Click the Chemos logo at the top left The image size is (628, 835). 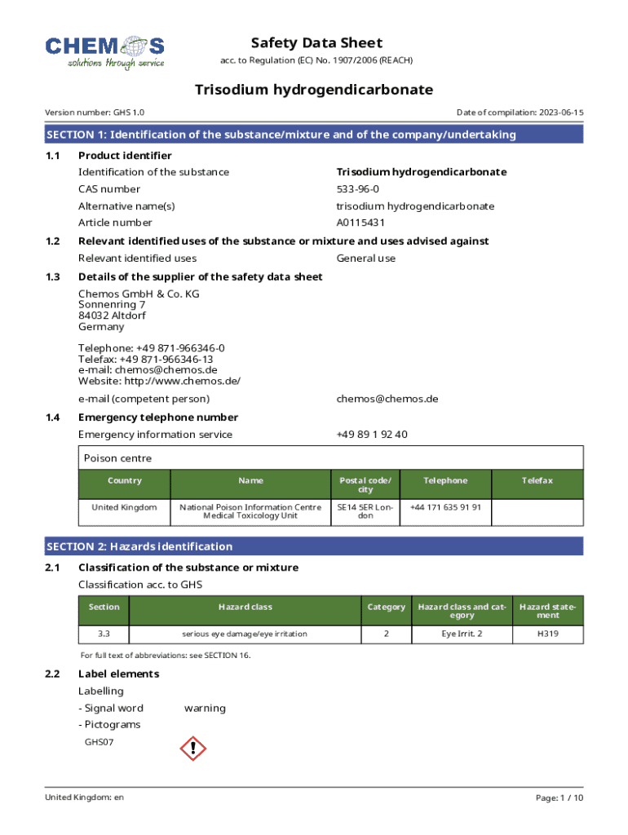(x=105, y=51)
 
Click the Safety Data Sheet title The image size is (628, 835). (x=316, y=43)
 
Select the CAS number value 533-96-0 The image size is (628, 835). (x=358, y=189)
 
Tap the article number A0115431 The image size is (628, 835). (x=360, y=223)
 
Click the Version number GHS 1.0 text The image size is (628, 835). (x=95, y=113)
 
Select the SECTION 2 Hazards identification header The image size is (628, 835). (x=139, y=546)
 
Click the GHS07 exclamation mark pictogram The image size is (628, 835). (x=192, y=748)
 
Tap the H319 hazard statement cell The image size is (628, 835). (x=548, y=634)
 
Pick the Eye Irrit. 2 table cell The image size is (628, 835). (x=462, y=634)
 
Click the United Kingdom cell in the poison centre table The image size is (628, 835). (x=124, y=507)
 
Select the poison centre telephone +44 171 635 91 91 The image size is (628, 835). (x=445, y=507)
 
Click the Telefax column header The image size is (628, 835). (x=537, y=480)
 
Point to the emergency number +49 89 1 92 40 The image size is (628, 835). (x=372, y=435)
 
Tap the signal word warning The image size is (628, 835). (x=205, y=708)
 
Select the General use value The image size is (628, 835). (x=366, y=258)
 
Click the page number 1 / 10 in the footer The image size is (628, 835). (x=559, y=797)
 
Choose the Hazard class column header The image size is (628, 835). (x=245, y=607)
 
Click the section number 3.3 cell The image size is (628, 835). (x=104, y=634)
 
